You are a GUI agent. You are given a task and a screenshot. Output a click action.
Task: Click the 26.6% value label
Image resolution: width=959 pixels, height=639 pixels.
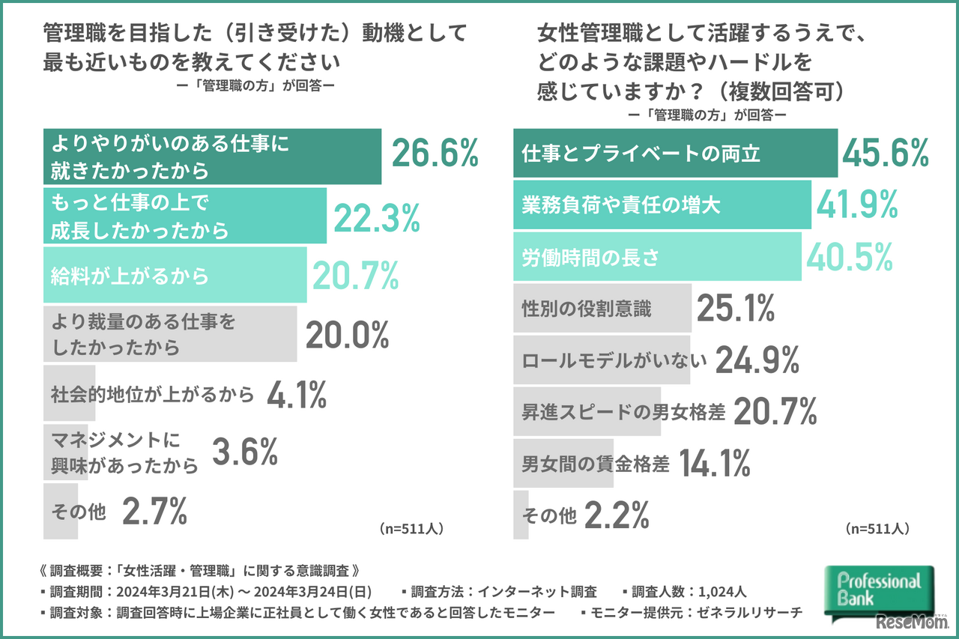(x=435, y=154)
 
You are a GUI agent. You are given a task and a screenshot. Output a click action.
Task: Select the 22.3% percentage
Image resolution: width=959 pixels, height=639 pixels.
(x=376, y=217)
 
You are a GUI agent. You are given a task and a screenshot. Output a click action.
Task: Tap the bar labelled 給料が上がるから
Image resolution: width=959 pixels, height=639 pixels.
(x=175, y=275)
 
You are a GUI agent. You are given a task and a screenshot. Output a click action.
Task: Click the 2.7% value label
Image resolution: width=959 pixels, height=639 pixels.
(x=154, y=512)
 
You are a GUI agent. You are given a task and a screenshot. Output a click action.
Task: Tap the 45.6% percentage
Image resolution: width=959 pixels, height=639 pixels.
(x=886, y=154)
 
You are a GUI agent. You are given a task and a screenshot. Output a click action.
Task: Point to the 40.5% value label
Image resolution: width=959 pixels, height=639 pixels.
(x=849, y=257)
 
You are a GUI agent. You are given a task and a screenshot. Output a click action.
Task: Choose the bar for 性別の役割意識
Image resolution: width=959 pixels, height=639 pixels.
(x=602, y=308)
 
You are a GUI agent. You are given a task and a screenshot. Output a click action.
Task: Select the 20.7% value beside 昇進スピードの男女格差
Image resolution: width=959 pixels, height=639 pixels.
(x=774, y=411)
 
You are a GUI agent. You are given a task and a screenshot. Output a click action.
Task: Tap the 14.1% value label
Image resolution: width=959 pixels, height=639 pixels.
(x=714, y=464)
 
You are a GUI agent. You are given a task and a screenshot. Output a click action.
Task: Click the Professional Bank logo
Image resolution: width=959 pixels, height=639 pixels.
(x=878, y=590)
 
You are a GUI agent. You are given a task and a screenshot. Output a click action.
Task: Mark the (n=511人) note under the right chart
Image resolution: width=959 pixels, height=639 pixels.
(x=877, y=528)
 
